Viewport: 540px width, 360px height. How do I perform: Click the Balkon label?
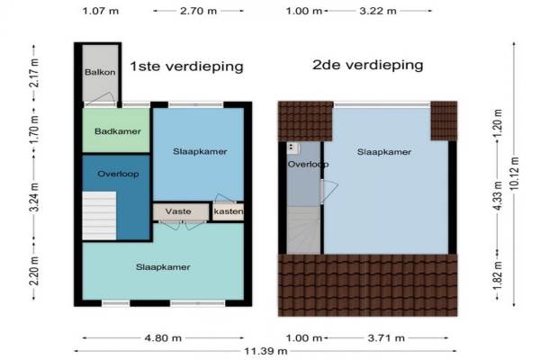pyautogui.click(x=100, y=72)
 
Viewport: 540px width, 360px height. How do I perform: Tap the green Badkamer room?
pyautogui.click(x=116, y=130)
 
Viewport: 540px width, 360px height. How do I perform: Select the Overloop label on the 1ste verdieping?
pyautogui.click(x=118, y=174)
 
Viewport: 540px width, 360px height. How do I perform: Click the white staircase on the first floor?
pyautogui.click(x=99, y=216)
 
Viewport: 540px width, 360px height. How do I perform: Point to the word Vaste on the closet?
pyautogui.click(x=178, y=211)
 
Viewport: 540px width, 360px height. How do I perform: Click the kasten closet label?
pyautogui.click(x=229, y=211)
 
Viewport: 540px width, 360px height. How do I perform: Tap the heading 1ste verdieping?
pyautogui.click(x=186, y=66)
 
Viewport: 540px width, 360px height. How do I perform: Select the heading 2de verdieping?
pyautogui.click(x=368, y=65)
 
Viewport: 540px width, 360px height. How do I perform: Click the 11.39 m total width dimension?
pyautogui.click(x=265, y=351)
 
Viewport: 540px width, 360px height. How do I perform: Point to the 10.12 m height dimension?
pyautogui.click(x=514, y=174)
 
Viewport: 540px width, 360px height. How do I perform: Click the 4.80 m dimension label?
pyautogui.click(x=163, y=338)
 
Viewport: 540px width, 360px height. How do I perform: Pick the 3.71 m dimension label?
pyautogui.click(x=386, y=338)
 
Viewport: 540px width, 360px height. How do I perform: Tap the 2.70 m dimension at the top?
pyautogui.click(x=198, y=11)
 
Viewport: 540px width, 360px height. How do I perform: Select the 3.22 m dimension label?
pyautogui.click(x=378, y=11)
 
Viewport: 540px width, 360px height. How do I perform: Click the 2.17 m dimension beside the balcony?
pyautogui.click(x=34, y=73)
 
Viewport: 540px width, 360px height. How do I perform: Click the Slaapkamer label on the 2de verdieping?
pyautogui.click(x=384, y=152)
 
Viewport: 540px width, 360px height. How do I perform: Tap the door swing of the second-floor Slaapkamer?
pyautogui.click(x=329, y=191)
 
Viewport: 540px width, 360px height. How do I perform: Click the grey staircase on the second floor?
pyautogui.click(x=303, y=229)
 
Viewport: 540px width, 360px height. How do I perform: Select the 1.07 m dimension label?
pyautogui.click(x=101, y=11)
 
